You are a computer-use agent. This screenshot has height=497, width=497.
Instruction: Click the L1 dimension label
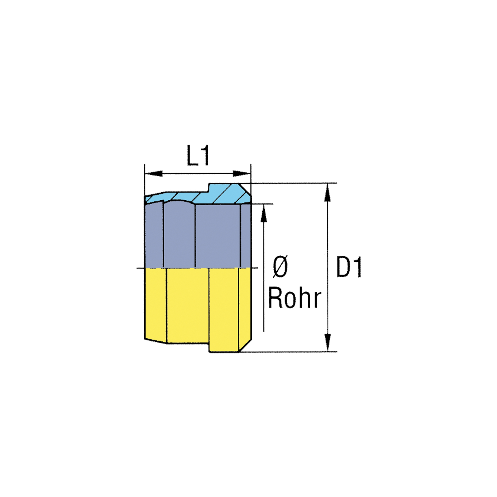pyautogui.click(x=198, y=156)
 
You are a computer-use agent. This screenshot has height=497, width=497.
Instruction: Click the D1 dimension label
pyautogui.click(x=349, y=267)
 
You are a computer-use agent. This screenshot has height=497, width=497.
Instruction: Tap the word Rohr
pyautogui.click(x=295, y=298)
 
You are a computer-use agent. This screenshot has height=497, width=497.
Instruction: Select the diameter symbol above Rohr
pyautogui.click(x=280, y=267)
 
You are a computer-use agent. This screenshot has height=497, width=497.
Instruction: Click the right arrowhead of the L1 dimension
pyautogui.click(x=242, y=174)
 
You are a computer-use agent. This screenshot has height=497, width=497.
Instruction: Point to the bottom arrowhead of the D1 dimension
pyautogui.click(x=328, y=342)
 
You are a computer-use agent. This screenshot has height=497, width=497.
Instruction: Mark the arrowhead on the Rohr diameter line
pyautogui.click(x=264, y=213)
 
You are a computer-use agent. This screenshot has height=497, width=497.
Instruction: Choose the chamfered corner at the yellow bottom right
pyautogui.click(x=245, y=345)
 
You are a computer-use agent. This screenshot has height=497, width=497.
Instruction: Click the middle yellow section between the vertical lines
pyautogui.click(x=188, y=306)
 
